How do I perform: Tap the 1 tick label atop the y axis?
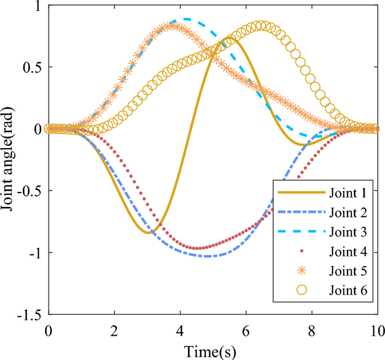[40, 6]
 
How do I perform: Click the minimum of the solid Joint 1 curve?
[148, 233]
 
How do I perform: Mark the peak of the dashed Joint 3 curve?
[185, 19]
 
